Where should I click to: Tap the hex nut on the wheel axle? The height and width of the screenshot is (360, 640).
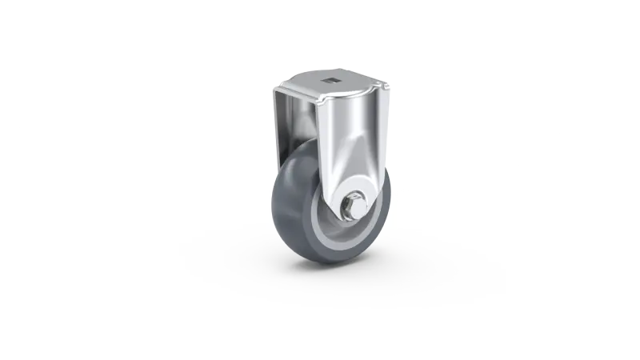[352, 208]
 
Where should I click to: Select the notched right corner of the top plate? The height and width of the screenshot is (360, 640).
[389, 86]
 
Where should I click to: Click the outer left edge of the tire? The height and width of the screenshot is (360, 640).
[274, 204]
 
